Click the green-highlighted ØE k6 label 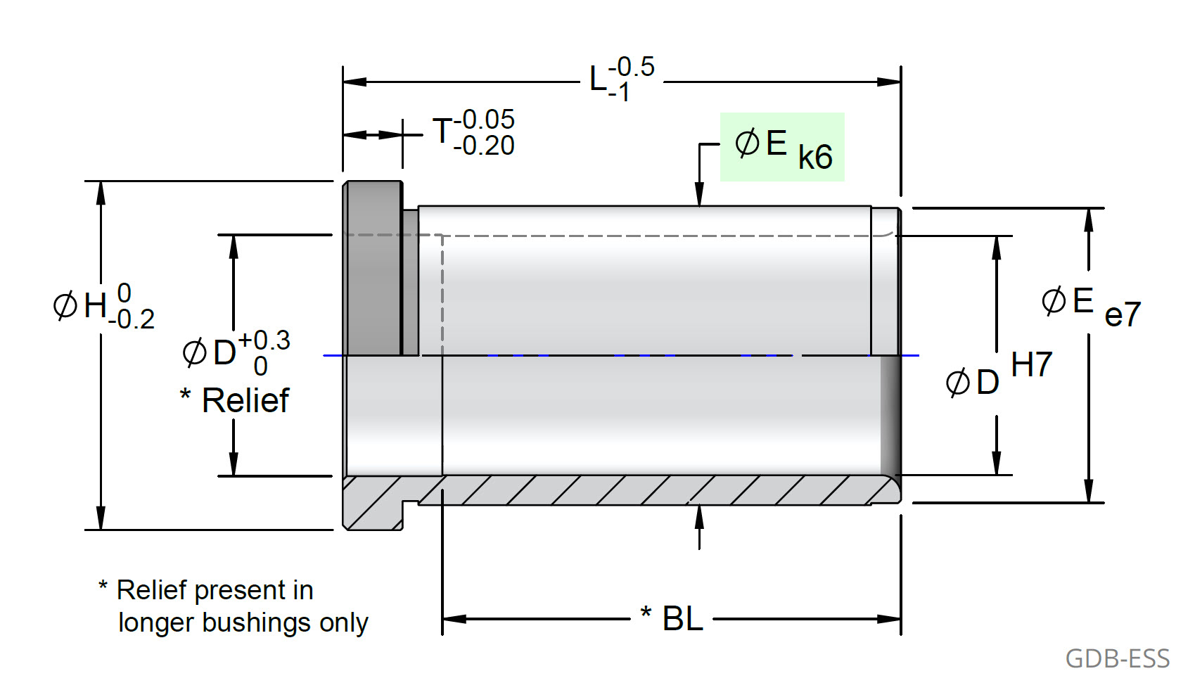782,147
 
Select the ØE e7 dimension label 1089,307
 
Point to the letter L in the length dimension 598,79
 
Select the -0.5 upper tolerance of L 632,67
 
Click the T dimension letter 442,132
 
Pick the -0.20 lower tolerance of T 485,146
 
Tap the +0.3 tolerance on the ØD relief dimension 264,340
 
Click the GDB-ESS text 1117,659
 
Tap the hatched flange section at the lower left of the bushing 373,503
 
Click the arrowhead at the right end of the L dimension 890,82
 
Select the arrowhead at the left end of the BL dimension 454,619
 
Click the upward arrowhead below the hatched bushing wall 699,516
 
